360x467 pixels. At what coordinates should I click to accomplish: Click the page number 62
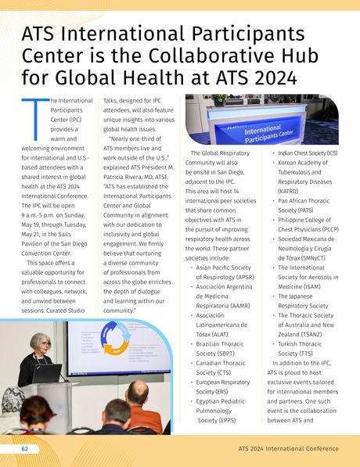[x=25, y=449]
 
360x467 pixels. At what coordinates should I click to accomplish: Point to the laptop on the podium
[x=46, y=373]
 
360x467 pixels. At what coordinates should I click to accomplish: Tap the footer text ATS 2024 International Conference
[x=288, y=449]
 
